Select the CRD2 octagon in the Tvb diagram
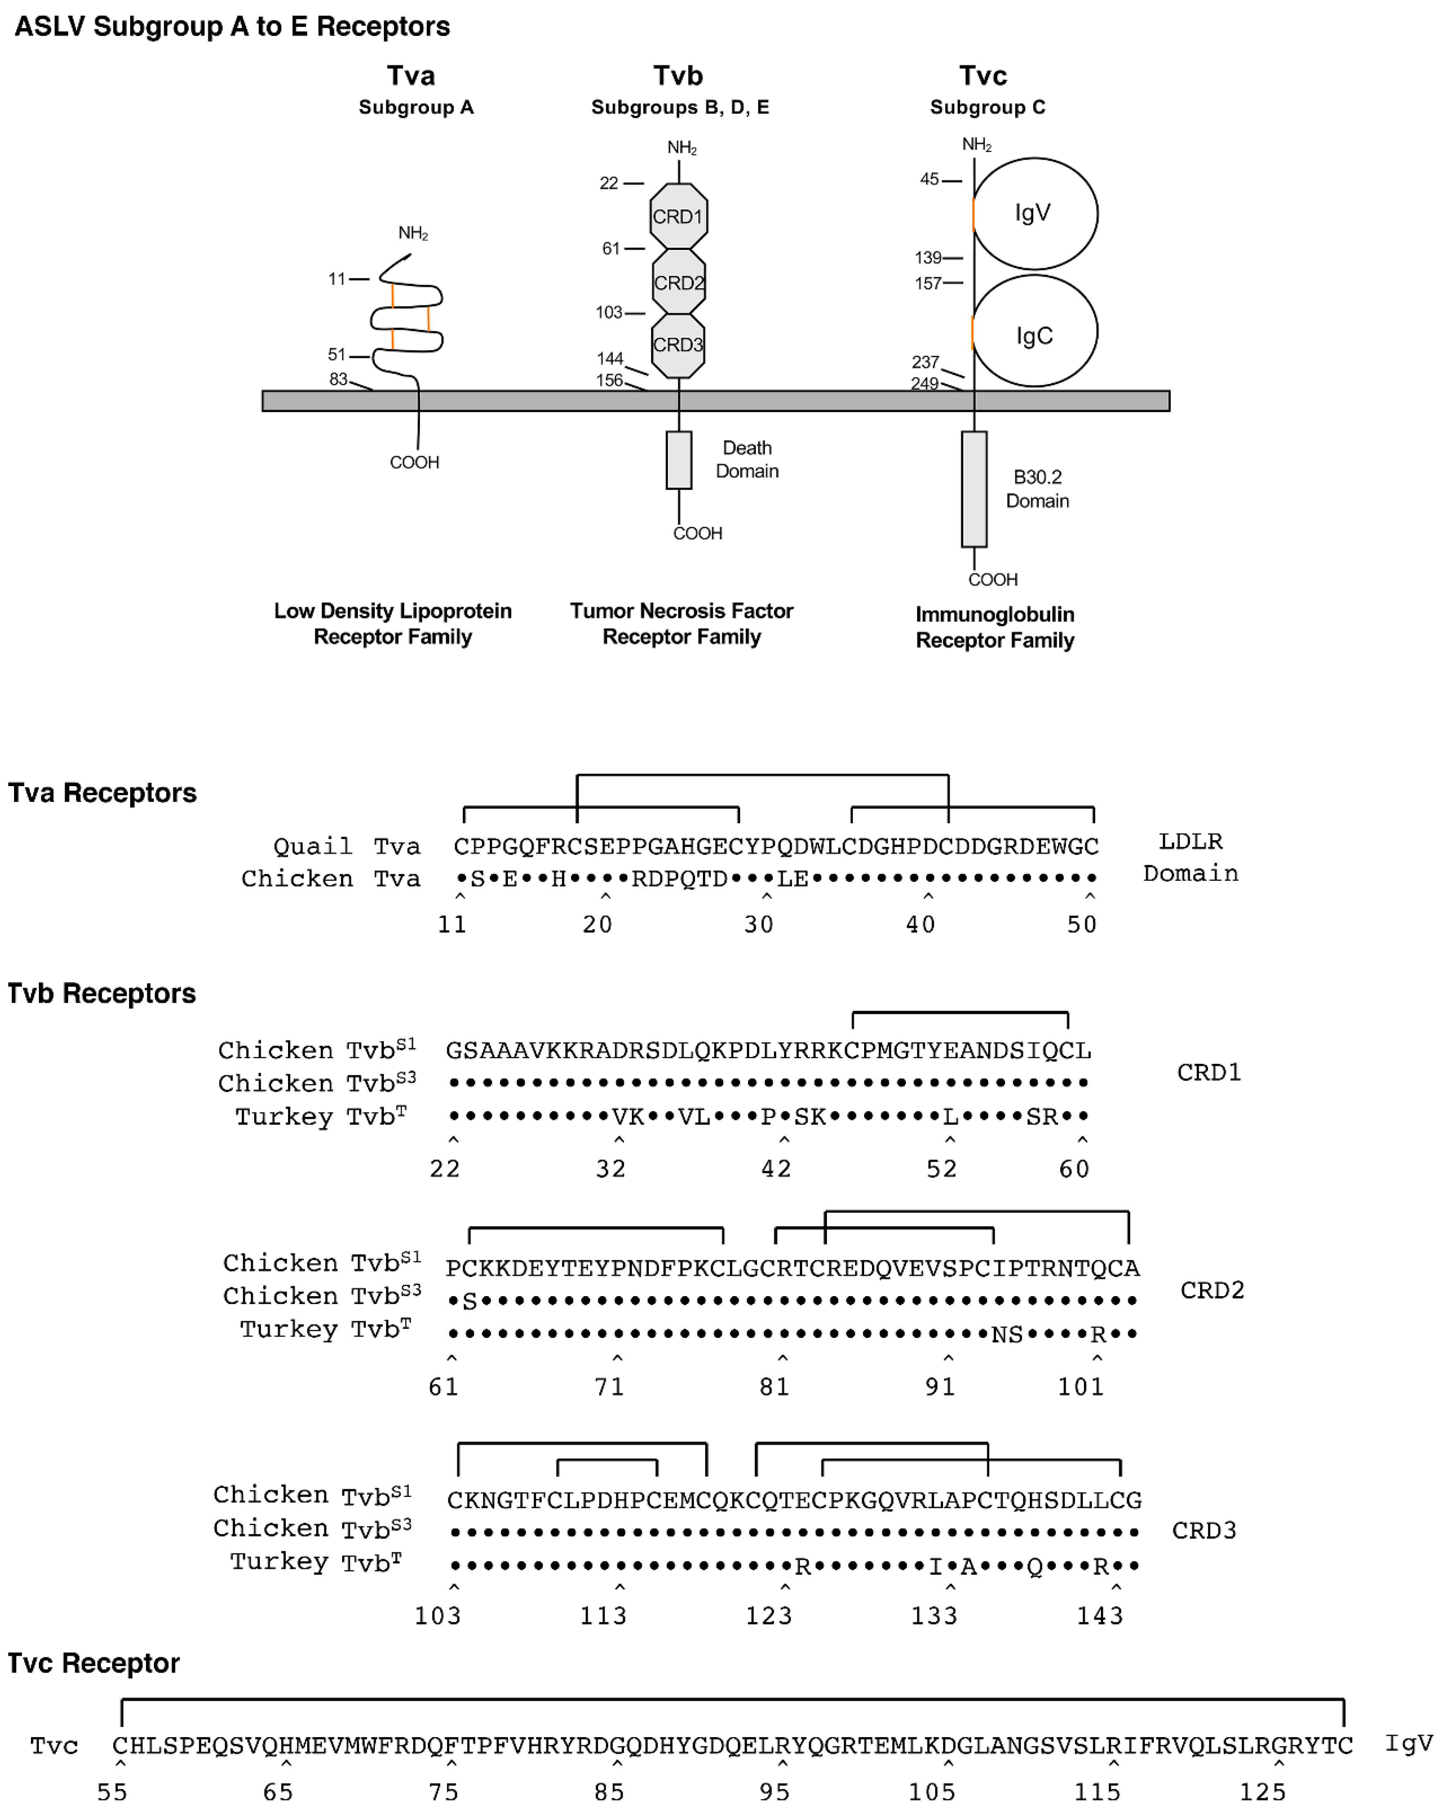pos(678,282)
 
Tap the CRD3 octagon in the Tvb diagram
pos(678,345)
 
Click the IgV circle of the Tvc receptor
pos(1034,214)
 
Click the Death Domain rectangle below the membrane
pos(678,460)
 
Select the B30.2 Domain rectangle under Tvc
pos(974,489)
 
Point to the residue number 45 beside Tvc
pos(929,179)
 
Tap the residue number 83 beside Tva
pos(338,379)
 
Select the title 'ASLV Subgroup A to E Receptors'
pos(232,27)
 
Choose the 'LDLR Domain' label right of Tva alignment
pos(1190,857)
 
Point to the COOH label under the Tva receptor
pos(414,462)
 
